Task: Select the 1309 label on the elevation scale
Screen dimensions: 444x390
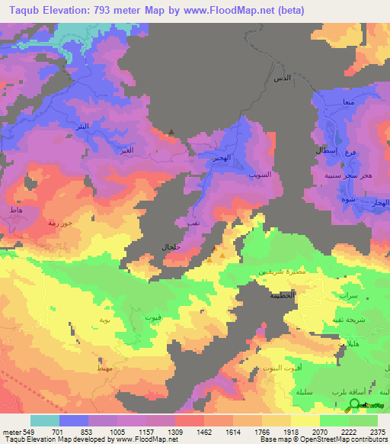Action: [175, 431]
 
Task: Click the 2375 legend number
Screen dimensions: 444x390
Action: [377, 431]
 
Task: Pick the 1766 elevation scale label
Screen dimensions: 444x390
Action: [262, 431]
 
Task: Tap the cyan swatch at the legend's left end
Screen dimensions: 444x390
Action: [45, 420]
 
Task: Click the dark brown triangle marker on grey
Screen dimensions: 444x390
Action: [172, 132]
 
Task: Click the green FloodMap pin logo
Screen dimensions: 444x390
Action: [353, 406]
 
